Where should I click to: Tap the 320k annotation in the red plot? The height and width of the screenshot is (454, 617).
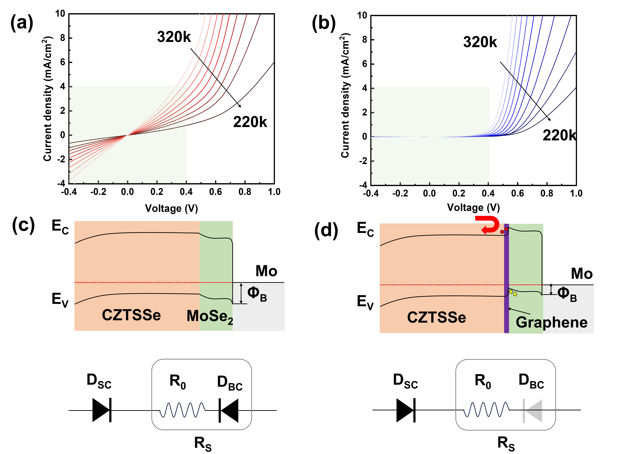174,37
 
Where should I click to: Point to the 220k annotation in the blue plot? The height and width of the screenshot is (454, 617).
559,136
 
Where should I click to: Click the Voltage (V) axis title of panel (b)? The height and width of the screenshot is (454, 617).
473,207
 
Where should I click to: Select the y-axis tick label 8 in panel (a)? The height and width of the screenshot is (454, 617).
63,38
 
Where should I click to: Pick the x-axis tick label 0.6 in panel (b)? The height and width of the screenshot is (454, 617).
517,194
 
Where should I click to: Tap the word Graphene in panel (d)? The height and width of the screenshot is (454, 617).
552,322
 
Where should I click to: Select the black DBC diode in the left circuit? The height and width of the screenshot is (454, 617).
229,410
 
